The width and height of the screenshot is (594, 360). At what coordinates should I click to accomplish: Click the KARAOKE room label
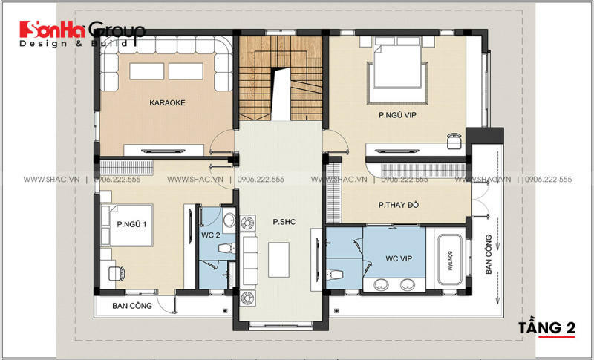click(166, 102)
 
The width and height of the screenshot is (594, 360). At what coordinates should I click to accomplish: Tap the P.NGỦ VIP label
click(394, 116)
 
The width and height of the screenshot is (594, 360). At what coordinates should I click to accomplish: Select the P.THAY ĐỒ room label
click(404, 205)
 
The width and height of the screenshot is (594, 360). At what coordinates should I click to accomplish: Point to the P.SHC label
click(284, 220)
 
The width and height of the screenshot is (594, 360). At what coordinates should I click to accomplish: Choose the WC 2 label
click(211, 235)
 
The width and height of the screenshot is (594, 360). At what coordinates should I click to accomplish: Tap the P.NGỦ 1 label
click(133, 223)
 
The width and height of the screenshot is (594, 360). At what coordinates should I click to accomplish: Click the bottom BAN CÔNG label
click(131, 305)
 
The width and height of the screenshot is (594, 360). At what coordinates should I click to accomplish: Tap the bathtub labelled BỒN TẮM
click(451, 260)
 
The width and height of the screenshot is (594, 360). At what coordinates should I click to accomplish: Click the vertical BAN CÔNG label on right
click(489, 255)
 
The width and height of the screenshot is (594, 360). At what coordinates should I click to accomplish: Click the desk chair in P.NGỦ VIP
click(454, 137)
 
